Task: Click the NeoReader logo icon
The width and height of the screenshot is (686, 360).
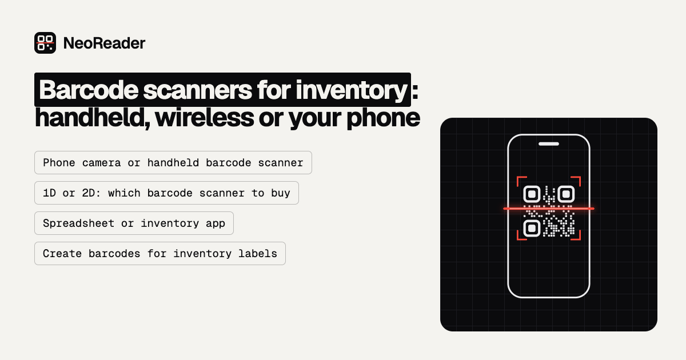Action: pyautogui.click(x=45, y=43)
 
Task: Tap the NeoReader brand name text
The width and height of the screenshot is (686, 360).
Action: pyautogui.click(x=104, y=43)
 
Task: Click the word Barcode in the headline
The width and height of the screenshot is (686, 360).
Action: pyautogui.click(x=89, y=90)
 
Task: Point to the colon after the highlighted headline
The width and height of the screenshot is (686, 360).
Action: pyautogui.click(x=415, y=91)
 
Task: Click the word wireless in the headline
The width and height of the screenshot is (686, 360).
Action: pyautogui.click(x=204, y=118)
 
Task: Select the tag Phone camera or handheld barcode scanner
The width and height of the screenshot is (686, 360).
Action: pyautogui.click(x=173, y=162)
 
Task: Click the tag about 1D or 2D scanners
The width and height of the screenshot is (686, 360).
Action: pyautogui.click(x=166, y=193)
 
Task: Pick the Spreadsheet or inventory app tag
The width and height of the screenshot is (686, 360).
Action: pyautogui.click(x=134, y=223)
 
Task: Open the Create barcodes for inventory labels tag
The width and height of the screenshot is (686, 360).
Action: pyautogui.click(x=160, y=254)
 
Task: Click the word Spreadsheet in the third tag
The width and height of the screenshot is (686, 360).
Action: pyautogui.click(x=79, y=223)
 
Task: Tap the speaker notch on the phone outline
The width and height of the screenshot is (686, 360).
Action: pyautogui.click(x=549, y=144)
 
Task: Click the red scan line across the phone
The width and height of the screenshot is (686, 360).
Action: pyautogui.click(x=549, y=209)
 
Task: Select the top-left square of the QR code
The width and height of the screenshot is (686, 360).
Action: pyautogui.click(x=532, y=194)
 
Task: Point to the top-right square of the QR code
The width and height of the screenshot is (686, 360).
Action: pyautogui.click(x=566, y=194)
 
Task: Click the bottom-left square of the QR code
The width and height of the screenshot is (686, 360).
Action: pyautogui.click(x=532, y=229)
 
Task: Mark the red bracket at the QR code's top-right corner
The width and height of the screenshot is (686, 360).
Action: pyautogui.click(x=580, y=177)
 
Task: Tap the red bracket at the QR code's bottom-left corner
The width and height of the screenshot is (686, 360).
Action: pyautogui.click(x=518, y=239)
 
